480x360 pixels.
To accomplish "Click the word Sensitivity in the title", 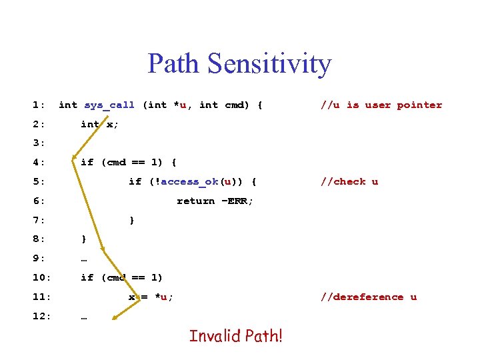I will (269, 63).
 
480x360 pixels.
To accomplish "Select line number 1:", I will (39, 105).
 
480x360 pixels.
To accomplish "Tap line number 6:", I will (39, 201).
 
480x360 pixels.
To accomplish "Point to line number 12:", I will (41, 316).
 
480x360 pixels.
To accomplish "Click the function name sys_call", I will (109, 105).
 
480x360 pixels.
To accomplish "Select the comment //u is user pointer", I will (381, 105).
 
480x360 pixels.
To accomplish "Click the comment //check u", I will (349, 181).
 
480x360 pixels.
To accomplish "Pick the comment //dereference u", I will (369, 297).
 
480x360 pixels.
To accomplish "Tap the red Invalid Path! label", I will (236, 335).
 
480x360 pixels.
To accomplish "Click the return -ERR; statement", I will (215, 201).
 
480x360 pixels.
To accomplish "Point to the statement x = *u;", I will (151, 297).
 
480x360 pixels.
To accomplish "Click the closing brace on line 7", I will (132, 220).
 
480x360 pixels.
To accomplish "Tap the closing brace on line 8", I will (83, 239).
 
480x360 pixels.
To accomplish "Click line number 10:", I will (41, 277).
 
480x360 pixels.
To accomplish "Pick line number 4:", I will (39, 162).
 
